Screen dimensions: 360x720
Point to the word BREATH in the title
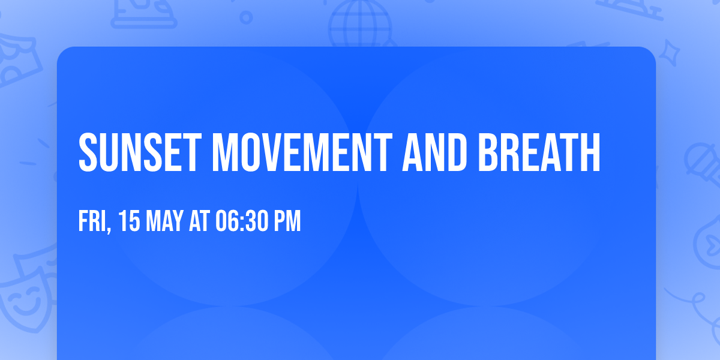click(x=539, y=152)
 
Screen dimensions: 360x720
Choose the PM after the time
click(x=287, y=222)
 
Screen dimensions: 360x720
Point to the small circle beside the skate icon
click(x=246, y=18)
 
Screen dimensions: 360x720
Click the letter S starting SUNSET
click(x=88, y=152)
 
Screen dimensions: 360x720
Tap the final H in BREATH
click(x=590, y=152)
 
